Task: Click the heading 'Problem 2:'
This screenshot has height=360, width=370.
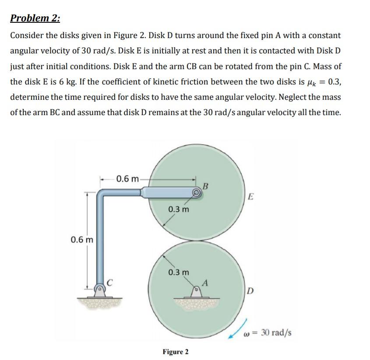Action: (35, 18)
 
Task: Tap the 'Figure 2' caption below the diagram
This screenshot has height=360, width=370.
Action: (175, 352)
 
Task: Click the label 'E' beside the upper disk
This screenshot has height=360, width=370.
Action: (250, 196)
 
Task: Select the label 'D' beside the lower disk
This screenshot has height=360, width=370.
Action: (249, 291)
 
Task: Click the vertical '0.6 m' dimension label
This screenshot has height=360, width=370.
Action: (81, 239)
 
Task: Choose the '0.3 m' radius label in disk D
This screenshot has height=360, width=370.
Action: (179, 272)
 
